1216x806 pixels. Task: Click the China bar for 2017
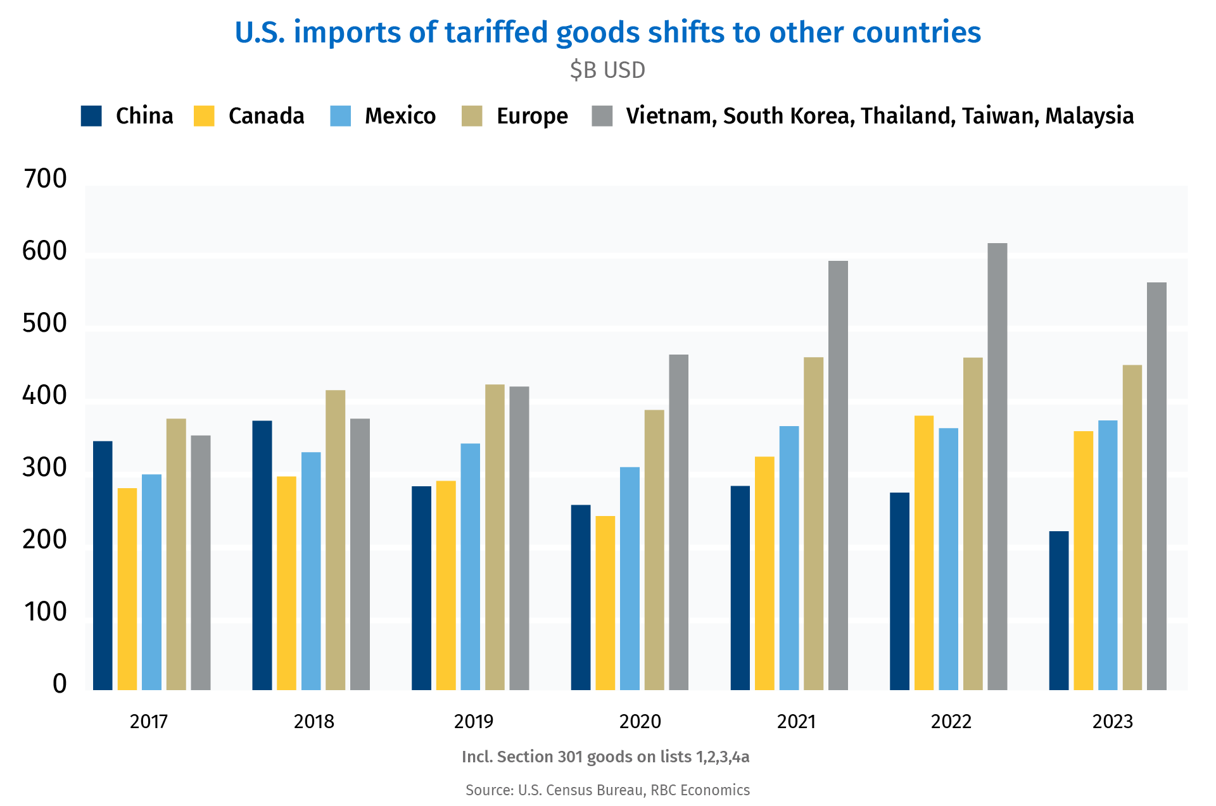pyautogui.click(x=103, y=565)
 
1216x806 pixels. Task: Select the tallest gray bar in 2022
pyautogui.click(x=997, y=467)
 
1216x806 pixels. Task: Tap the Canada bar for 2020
pyautogui.click(x=605, y=603)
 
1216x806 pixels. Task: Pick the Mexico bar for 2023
pyautogui.click(x=1108, y=555)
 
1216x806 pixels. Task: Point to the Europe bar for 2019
pyautogui.click(x=495, y=537)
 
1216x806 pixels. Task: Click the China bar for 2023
pyautogui.click(x=1059, y=610)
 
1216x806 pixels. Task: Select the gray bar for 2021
pyautogui.click(x=838, y=475)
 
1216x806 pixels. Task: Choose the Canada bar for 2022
pyautogui.click(x=924, y=553)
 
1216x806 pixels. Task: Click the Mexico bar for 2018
pyautogui.click(x=311, y=571)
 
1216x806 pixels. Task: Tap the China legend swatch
pyautogui.click(x=92, y=116)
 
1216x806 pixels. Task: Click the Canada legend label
pyautogui.click(x=266, y=116)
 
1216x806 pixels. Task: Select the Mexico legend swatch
pyautogui.click(x=341, y=116)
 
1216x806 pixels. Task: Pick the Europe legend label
pyautogui.click(x=532, y=116)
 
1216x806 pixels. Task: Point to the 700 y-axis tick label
pyautogui.click(x=44, y=179)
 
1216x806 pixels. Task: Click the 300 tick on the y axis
pyautogui.click(x=44, y=468)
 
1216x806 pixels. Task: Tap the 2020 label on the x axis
pyautogui.click(x=640, y=722)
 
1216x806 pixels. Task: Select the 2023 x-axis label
pyautogui.click(x=1113, y=722)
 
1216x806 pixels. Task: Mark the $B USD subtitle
pyautogui.click(x=607, y=70)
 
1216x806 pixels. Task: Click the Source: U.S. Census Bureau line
pyautogui.click(x=607, y=790)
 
